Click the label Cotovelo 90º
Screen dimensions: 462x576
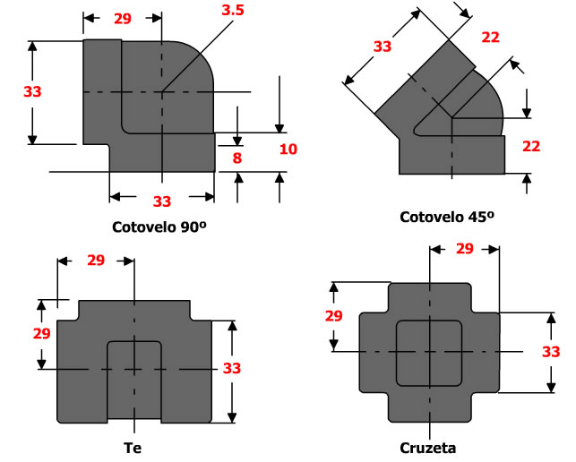(160, 227)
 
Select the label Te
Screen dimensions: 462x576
(133, 447)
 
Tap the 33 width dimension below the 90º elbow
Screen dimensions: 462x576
(162, 201)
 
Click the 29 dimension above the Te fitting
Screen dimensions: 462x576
(96, 261)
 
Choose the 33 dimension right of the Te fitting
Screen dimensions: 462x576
(232, 368)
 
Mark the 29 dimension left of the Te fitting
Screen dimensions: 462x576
(41, 332)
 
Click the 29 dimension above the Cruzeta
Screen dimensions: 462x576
(464, 249)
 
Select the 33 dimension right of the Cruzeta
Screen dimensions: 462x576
(551, 352)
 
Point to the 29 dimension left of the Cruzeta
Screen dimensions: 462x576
(334, 317)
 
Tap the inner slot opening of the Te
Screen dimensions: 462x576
(133, 381)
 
